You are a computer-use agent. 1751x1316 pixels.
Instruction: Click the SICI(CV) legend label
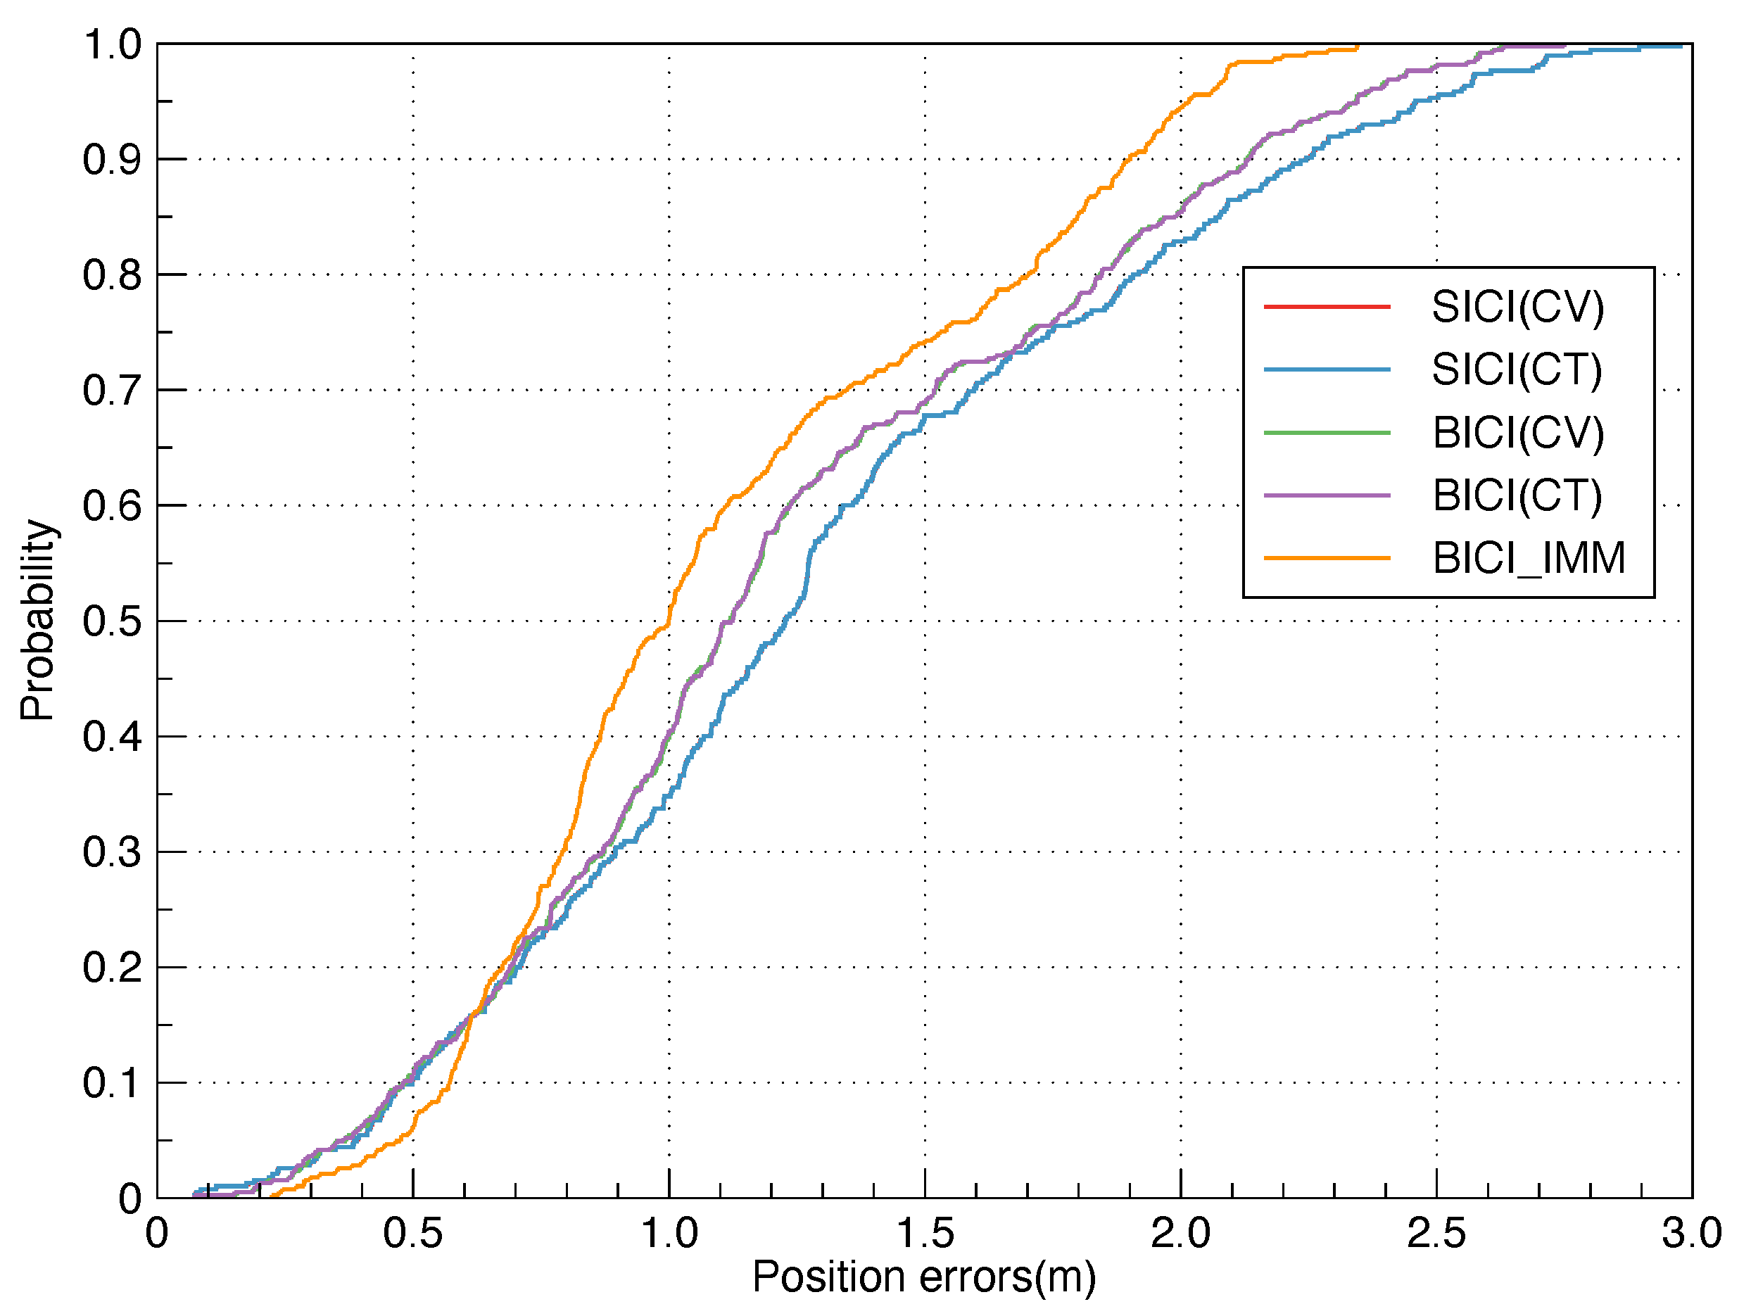[x=1517, y=307]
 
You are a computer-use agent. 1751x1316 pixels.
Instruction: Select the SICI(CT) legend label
[x=1516, y=369]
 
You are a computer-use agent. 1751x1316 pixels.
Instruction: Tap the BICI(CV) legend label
[x=1517, y=433]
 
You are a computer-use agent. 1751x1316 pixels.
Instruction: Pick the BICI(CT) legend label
[x=1517, y=495]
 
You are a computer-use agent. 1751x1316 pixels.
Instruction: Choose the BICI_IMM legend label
[x=1529, y=558]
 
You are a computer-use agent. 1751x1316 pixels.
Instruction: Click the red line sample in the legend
[x=1327, y=306]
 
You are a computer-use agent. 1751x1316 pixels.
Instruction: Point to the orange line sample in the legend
[x=1327, y=558]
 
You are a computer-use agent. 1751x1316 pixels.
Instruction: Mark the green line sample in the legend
[x=1327, y=433]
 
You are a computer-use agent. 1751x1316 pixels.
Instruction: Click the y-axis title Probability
[x=37, y=621]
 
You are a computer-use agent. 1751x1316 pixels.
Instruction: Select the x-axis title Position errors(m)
[x=924, y=1277]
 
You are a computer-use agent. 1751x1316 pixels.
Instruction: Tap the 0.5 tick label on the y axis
[x=112, y=622]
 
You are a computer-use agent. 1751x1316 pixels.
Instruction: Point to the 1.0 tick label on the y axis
[x=112, y=45]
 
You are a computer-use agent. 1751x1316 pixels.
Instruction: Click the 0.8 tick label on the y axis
[x=112, y=275]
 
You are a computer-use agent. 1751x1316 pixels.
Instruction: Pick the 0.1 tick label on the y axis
[x=112, y=1083]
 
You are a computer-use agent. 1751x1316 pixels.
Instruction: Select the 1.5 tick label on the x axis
[x=925, y=1234]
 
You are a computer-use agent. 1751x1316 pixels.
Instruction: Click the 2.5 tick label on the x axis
[x=1436, y=1234]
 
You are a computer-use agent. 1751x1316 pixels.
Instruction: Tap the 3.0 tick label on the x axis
[x=1692, y=1234]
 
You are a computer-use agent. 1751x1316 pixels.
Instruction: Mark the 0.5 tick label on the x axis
[x=412, y=1234]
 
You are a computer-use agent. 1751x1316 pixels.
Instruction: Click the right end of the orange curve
[x=1358, y=47]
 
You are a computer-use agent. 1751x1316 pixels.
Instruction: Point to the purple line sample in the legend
[x=1327, y=495]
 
